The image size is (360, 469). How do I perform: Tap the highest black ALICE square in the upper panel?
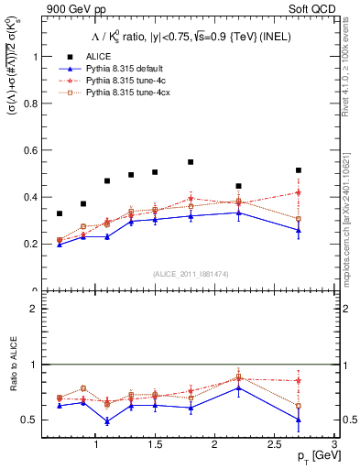[x=191, y=162]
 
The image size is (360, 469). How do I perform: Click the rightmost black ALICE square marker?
[x=299, y=170]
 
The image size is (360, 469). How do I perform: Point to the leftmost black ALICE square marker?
[x=60, y=213]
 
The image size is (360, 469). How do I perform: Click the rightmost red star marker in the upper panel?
[x=299, y=192]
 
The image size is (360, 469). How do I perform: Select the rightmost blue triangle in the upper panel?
[x=299, y=231]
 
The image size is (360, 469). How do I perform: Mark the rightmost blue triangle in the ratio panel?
[x=299, y=420]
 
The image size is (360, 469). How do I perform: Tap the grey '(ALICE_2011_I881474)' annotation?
[x=190, y=274]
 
